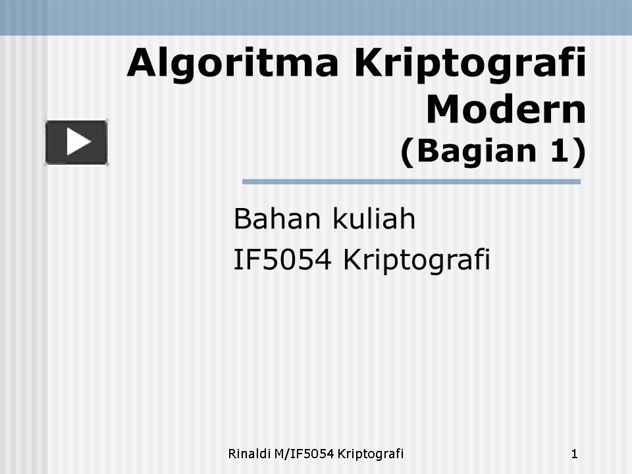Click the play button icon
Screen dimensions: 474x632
click(76, 142)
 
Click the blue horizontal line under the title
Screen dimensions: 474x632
click(411, 182)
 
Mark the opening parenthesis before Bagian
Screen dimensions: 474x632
click(406, 152)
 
